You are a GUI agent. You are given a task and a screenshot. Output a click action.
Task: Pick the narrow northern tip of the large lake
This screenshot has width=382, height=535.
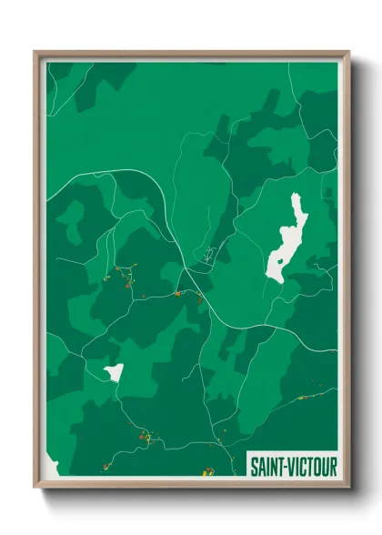coord(295,197)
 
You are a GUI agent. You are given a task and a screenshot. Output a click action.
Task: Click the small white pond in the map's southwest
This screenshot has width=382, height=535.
coord(114,372)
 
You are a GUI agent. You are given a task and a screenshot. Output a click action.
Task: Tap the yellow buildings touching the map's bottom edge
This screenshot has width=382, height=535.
coord(208,470)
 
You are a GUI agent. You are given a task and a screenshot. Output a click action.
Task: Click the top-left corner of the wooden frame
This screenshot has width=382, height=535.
coord(35,52)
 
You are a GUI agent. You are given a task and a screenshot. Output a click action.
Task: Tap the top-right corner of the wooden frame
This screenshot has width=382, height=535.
coord(348,52)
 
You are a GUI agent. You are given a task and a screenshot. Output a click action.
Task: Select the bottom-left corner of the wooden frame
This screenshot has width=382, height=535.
coord(35,489)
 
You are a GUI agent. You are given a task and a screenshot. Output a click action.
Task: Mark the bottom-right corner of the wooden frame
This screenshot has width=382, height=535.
coord(348,489)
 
